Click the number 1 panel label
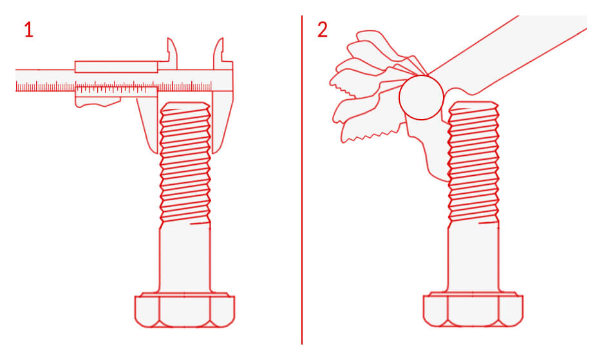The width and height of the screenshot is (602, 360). tap(29, 30)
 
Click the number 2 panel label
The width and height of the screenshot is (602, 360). tap(323, 30)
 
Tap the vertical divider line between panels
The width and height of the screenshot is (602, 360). tap(302, 180)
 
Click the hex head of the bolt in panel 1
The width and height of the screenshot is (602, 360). tap(185, 310)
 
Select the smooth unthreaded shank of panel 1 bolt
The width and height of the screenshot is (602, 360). tap(185, 258)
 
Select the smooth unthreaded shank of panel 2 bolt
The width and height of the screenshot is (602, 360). tap(473, 258)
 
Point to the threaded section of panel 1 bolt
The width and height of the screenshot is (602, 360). tap(185, 164)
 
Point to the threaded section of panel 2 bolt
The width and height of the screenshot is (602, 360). tap(473, 164)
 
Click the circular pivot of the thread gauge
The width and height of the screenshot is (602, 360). tap(421, 97)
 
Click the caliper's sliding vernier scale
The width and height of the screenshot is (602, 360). tap(116, 90)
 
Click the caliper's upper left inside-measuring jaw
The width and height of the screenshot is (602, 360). tap(171, 53)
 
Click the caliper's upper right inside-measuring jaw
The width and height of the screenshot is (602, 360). tap(219, 53)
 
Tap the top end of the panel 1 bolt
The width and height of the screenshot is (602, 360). tap(185, 103)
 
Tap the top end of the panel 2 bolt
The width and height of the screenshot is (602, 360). tap(473, 103)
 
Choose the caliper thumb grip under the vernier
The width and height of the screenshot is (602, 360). tap(98, 102)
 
